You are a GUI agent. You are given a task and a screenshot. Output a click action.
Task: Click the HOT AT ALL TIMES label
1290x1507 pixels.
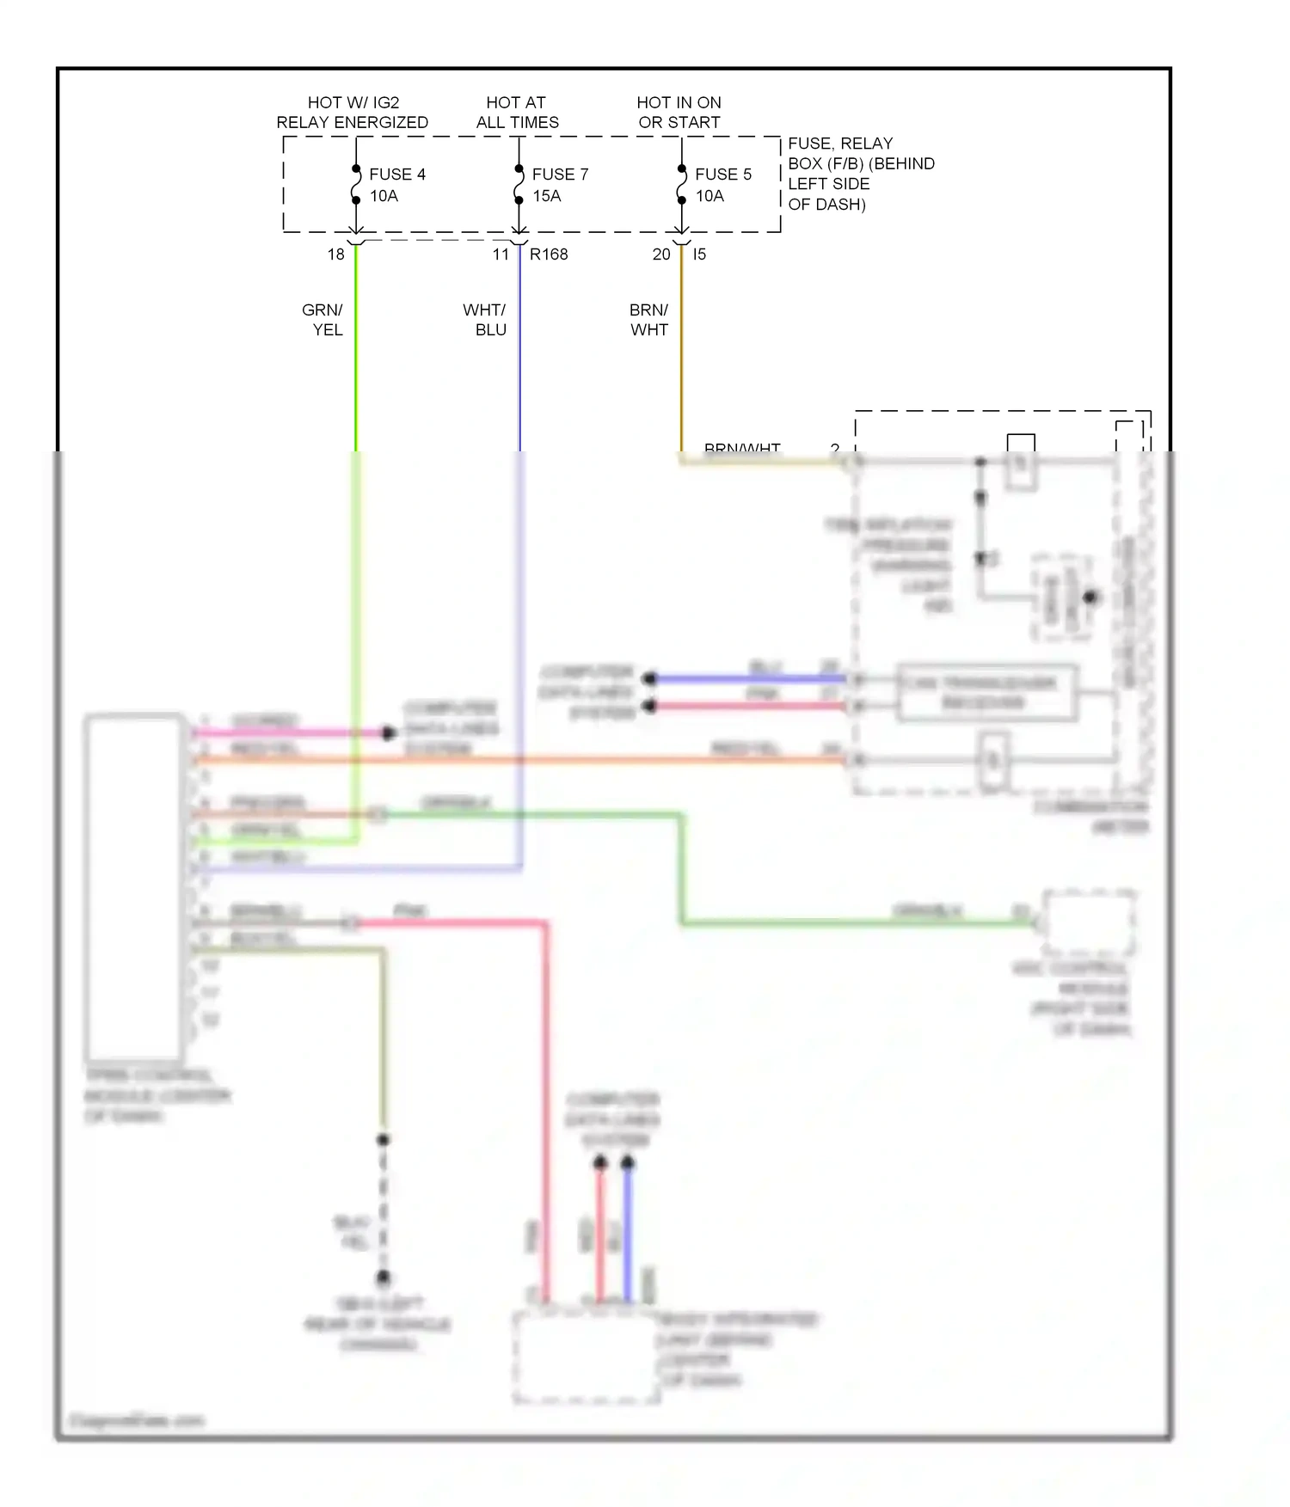pos(517,113)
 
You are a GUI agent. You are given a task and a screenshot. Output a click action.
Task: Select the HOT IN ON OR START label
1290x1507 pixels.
pos(679,113)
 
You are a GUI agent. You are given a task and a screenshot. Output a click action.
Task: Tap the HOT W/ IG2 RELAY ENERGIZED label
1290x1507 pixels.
pos(352,113)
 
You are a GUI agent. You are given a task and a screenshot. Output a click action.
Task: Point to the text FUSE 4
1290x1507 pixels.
pos(396,175)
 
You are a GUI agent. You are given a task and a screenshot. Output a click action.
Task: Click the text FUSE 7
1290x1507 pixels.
pos(560,175)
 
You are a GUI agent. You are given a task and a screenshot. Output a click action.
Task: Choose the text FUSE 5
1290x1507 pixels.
pos(722,175)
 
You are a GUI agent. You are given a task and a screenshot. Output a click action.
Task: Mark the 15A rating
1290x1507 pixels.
pos(546,196)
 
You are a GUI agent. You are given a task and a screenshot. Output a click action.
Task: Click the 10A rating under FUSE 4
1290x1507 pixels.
pos(384,196)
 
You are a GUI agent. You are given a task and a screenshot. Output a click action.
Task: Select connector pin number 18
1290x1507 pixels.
pos(335,254)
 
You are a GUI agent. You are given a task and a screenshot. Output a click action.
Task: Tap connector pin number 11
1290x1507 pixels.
pos(501,254)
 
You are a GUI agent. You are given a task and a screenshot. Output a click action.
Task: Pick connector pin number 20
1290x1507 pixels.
pos(660,254)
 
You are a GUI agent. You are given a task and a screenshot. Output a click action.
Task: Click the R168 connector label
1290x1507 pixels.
pos(549,254)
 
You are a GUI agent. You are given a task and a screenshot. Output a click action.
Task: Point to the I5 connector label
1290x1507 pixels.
pos(699,254)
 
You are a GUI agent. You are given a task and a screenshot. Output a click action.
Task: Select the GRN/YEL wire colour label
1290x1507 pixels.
pos(323,320)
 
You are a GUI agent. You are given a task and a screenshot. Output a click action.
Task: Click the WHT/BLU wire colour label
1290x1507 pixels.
pos(485,320)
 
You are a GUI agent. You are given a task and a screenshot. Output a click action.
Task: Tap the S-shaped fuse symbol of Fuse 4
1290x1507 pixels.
pos(355,185)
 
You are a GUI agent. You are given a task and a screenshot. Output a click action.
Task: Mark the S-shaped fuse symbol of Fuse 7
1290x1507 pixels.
pos(519,185)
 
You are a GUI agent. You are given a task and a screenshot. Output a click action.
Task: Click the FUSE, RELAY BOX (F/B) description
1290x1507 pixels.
pos(860,174)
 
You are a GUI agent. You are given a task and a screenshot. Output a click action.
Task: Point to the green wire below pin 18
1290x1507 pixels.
pos(355,361)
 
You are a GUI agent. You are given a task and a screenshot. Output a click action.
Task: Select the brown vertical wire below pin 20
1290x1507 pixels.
pos(681,361)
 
